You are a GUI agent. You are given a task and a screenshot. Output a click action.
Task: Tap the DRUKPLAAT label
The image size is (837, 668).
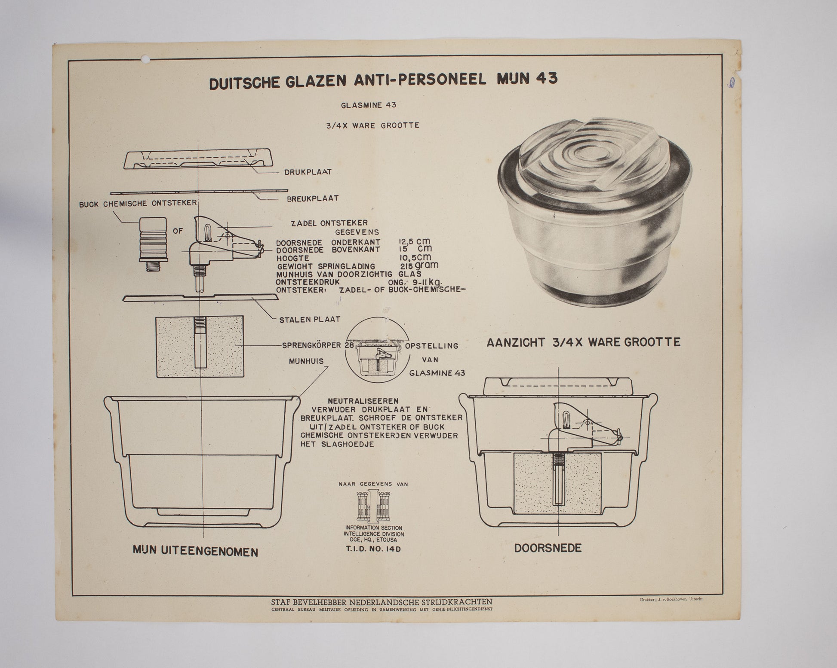click(308, 172)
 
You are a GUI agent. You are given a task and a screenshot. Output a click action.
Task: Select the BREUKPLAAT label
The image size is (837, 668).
click(313, 198)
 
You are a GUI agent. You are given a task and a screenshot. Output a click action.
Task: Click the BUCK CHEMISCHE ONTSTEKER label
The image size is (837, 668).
click(138, 203)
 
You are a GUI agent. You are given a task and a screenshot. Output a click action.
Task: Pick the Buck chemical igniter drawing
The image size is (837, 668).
click(153, 243)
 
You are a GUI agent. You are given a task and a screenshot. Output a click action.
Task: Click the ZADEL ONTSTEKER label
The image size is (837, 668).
click(329, 223)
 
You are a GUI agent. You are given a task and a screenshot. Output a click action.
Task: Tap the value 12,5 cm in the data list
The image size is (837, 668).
click(414, 242)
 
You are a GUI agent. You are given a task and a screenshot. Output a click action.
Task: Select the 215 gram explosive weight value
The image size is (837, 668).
click(419, 266)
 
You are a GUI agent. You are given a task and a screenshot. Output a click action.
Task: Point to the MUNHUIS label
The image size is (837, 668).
click(306, 361)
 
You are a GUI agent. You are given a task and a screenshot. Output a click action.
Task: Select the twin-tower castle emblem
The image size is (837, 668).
click(373, 506)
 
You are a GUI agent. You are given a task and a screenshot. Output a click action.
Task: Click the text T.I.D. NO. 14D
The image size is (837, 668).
click(373, 549)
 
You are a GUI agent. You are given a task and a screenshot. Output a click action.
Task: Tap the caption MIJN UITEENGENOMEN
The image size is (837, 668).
click(196, 551)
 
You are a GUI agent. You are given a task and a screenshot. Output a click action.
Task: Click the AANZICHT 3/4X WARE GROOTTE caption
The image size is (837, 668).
click(584, 342)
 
